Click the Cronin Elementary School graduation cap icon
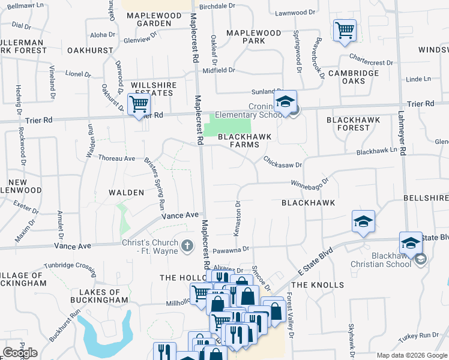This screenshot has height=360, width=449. point(286,102)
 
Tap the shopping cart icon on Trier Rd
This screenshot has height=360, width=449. point(139,104)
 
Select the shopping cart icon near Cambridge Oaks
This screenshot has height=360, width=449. point(345,30)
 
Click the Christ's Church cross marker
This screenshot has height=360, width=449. point(187,245)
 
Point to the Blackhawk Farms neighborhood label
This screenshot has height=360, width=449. point(244,140)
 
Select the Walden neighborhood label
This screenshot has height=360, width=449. point(126,193)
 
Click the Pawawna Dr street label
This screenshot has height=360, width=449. point(229,248)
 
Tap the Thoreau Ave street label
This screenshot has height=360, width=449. point(117,158)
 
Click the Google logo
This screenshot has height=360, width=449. point(20,353)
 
